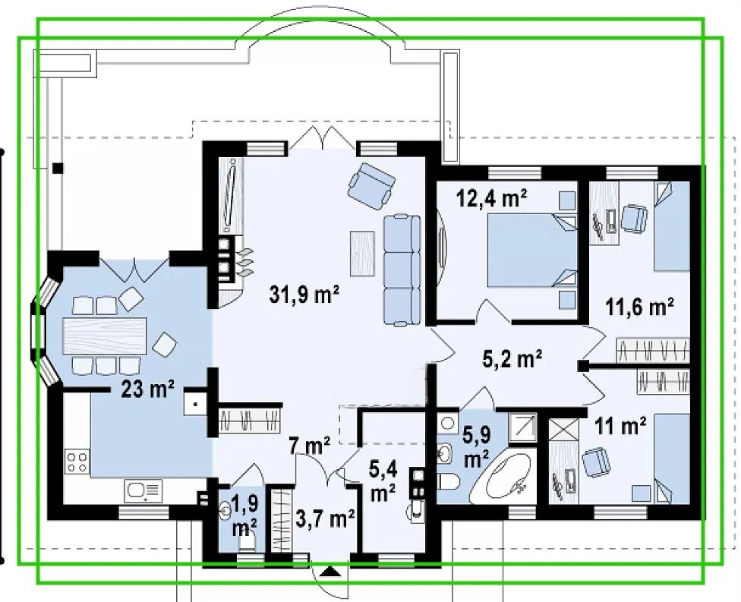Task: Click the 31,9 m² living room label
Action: pyautogui.click(x=304, y=295)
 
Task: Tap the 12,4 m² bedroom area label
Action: pyautogui.click(x=491, y=198)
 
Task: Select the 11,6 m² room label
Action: pyautogui.click(x=640, y=307)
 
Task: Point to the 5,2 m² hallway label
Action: pyautogui.click(x=512, y=359)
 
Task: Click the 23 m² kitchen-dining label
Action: pyautogui.click(x=147, y=390)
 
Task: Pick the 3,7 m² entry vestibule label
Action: pyautogui.click(x=325, y=518)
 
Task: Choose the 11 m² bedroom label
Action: pyautogui.click(x=620, y=426)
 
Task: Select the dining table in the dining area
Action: pyautogui.click(x=105, y=336)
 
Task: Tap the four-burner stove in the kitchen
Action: pyautogui.click(x=77, y=462)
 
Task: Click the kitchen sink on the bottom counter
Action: pyautogui.click(x=143, y=491)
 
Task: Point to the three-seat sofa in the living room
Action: pyautogui.click(x=402, y=269)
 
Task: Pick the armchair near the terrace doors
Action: pyautogui.click(x=371, y=185)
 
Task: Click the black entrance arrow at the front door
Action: pyautogui.click(x=330, y=572)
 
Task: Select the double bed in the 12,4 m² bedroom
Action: pyautogui.click(x=532, y=251)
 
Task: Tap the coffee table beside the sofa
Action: pyautogui.click(x=362, y=254)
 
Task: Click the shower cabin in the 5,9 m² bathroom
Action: pyautogui.click(x=522, y=427)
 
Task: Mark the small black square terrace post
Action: pyautogui.click(x=58, y=168)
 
